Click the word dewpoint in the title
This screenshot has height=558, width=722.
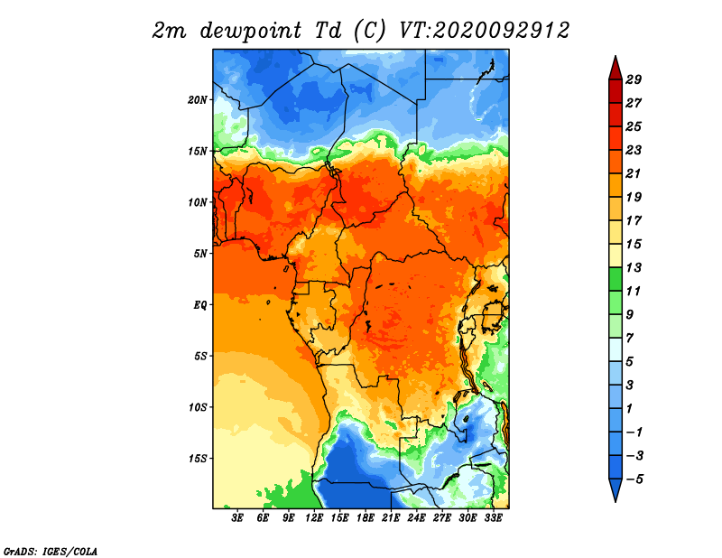pos(251,31)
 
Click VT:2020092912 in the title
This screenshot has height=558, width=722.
pos(484,31)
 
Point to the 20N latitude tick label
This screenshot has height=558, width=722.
pos(198,99)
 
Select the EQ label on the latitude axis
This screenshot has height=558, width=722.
pos(200,305)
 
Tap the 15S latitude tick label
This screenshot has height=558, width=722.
pos(198,459)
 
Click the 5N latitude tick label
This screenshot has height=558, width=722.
pos(200,254)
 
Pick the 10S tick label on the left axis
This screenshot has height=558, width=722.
pos(198,407)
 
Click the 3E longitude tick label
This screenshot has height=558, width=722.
pos(237,518)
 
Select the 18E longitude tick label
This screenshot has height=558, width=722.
pos(366,518)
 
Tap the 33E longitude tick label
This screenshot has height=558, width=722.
pos(493,518)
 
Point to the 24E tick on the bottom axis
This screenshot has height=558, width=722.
pos(416,518)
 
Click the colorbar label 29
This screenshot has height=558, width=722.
pos(634,79)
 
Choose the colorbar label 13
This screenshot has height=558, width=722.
pos(634,267)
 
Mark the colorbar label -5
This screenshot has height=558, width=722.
pos(634,479)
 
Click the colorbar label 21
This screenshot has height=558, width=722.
pos(634,173)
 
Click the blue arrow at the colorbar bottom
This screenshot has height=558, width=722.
pos(616,488)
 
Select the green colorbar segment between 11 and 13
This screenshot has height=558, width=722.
pos(616,279)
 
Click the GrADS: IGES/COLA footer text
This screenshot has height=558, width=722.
pos(51,551)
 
